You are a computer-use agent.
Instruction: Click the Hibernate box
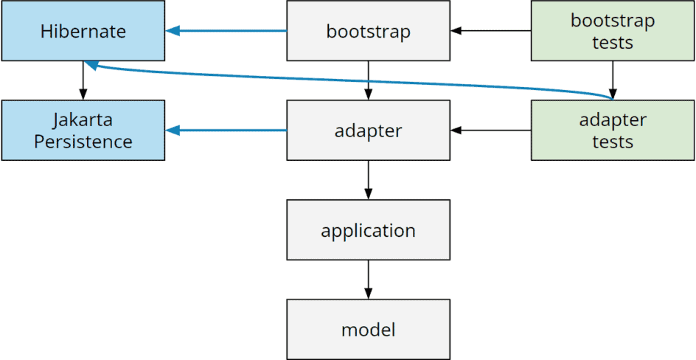point(83,31)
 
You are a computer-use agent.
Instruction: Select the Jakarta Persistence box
point(83,131)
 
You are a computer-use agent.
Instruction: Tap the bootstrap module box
point(368,31)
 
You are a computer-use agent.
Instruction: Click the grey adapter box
point(368,131)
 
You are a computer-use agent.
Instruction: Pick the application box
point(368,230)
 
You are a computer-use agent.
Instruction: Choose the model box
point(368,329)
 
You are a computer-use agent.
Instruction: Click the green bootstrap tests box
point(612,31)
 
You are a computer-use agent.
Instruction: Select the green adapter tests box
point(612,131)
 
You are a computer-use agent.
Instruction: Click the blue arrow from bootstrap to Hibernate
point(226,31)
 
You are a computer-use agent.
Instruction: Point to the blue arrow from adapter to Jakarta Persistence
point(226,131)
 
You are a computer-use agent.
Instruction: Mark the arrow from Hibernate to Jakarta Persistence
point(83,80)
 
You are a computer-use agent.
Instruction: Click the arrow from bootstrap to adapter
point(368,80)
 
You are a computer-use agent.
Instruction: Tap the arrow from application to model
point(368,280)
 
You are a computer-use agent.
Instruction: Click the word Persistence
point(83,142)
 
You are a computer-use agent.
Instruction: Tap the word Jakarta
point(83,120)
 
